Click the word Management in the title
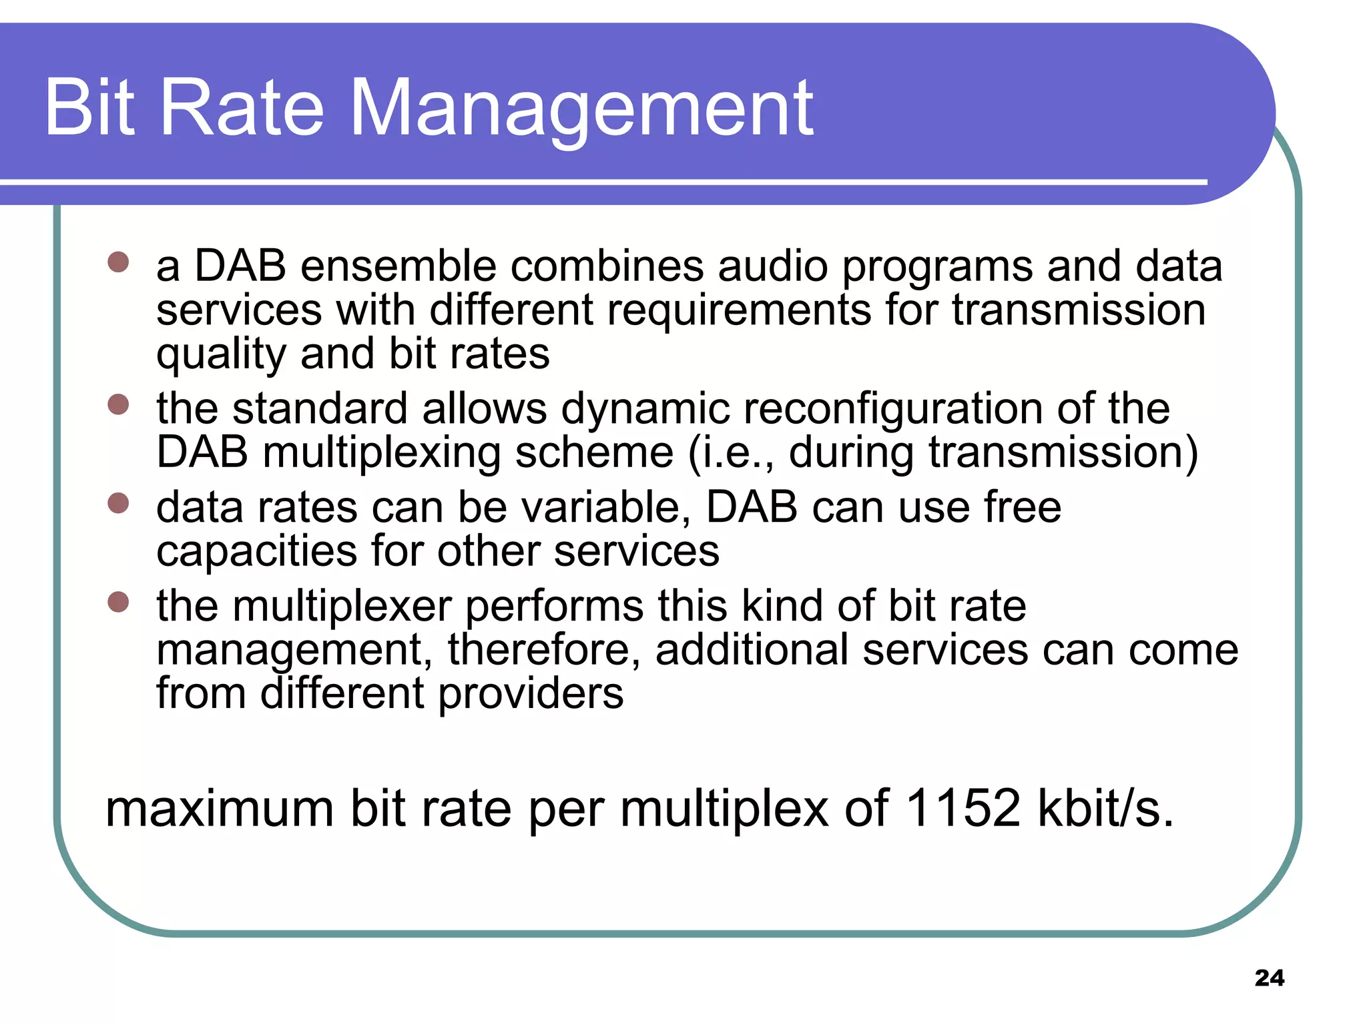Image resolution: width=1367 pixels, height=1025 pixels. pyautogui.click(x=581, y=108)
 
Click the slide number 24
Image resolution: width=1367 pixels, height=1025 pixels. pyautogui.click(x=1269, y=978)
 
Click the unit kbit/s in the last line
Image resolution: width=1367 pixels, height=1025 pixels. pyautogui.click(x=1105, y=808)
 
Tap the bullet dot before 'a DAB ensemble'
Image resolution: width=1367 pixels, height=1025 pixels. pyautogui.click(x=118, y=262)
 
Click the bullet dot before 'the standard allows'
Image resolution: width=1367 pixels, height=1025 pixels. pyautogui.click(x=118, y=404)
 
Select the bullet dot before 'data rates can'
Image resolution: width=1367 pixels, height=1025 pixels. pyautogui.click(x=118, y=502)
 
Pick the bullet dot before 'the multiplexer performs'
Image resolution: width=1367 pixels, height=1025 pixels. pyautogui.click(x=118, y=601)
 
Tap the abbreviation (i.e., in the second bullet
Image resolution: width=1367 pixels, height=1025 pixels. pyautogui.click(x=732, y=452)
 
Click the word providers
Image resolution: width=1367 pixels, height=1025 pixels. pyautogui.click(x=531, y=694)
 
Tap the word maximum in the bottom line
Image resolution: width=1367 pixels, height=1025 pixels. pyautogui.click(x=220, y=808)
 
